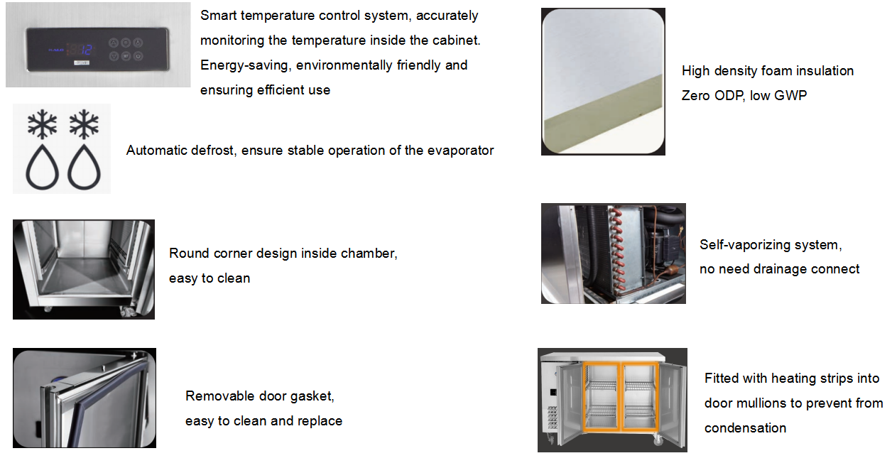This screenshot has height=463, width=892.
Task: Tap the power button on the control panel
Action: pyautogui.click(x=138, y=56)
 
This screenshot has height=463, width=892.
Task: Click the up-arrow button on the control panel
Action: pyautogui.click(x=114, y=43)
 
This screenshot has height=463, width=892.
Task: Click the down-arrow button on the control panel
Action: pyautogui.click(x=114, y=56)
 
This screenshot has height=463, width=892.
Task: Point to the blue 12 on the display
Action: pyautogui.click(x=87, y=50)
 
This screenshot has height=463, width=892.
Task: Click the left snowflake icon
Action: pyautogui.click(x=42, y=124)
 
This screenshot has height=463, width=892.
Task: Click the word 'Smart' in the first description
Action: pyautogui.click(x=218, y=16)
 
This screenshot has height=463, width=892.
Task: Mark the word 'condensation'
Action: pyautogui.click(x=745, y=428)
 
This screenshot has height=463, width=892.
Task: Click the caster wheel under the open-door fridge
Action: pyautogui.click(x=658, y=440)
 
